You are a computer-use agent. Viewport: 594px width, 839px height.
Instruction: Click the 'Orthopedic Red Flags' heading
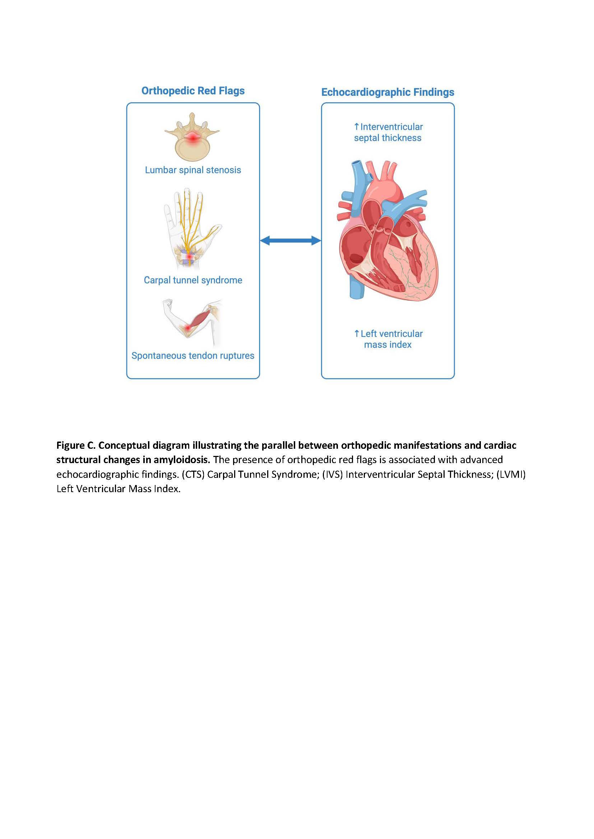click(193, 91)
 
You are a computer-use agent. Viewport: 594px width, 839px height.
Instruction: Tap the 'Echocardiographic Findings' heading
click(388, 92)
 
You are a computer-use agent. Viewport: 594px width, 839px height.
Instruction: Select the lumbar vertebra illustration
click(192, 137)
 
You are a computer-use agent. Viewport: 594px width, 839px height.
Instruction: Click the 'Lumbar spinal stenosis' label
click(193, 170)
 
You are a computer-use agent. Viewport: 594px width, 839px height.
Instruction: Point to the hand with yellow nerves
click(190, 228)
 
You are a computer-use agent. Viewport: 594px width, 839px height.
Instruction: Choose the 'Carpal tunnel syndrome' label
click(193, 280)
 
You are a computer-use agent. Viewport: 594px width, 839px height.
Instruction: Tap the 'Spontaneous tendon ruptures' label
click(193, 355)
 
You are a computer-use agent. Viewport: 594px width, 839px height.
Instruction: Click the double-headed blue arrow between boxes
click(291, 240)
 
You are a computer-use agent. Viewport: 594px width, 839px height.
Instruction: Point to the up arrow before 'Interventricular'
click(356, 127)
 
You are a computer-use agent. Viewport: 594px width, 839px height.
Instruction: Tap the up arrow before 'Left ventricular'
click(357, 334)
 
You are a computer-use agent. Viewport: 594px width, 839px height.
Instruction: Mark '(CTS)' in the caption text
click(193, 474)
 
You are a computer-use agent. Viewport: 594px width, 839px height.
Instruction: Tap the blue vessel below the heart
click(355, 289)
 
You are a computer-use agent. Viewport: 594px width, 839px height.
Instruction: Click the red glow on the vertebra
click(192, 138)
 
